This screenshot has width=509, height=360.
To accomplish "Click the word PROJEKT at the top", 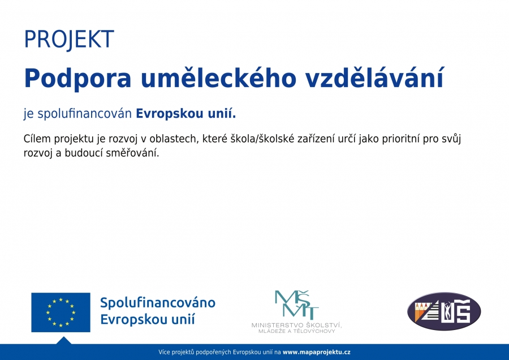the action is [69, 39].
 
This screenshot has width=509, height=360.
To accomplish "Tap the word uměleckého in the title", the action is [218, 78].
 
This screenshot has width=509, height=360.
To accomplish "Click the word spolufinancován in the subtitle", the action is [84, 114].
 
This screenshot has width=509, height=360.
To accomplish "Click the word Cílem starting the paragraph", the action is [37, 139].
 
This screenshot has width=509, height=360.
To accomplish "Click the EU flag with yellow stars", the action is [61, 312].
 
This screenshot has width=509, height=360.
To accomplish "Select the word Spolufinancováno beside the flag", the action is [158, 303].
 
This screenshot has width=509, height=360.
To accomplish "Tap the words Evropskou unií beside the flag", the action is [148, 319].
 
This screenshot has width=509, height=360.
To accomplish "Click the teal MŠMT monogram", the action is [297, 305].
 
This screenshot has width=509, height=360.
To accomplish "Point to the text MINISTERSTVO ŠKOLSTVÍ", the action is [297, 325].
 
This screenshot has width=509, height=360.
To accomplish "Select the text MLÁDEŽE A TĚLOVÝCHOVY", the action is [297, 331].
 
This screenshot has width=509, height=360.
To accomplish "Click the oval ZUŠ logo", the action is [444, 311].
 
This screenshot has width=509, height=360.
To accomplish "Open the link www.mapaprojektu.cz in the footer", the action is [317, 352].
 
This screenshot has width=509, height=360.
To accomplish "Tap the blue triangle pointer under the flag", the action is [63, 341].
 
